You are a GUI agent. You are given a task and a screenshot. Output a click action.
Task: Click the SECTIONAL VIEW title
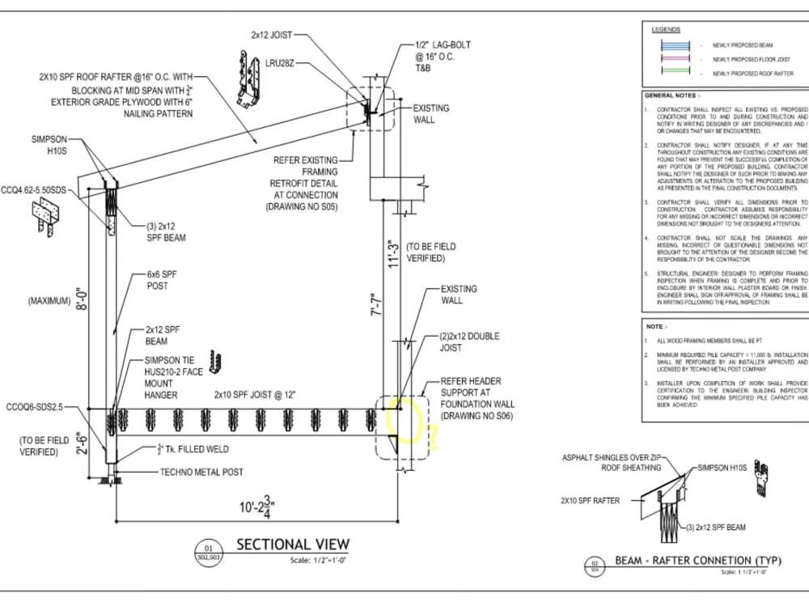coord(292,545)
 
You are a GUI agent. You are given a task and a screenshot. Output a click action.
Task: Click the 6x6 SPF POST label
coord(161,280)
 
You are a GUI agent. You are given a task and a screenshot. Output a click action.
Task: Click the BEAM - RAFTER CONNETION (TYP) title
coord(695,560)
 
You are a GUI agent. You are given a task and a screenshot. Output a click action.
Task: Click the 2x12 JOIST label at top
coord(271,36)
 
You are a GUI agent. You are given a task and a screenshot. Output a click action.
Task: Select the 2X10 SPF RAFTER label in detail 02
coord(591,501)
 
